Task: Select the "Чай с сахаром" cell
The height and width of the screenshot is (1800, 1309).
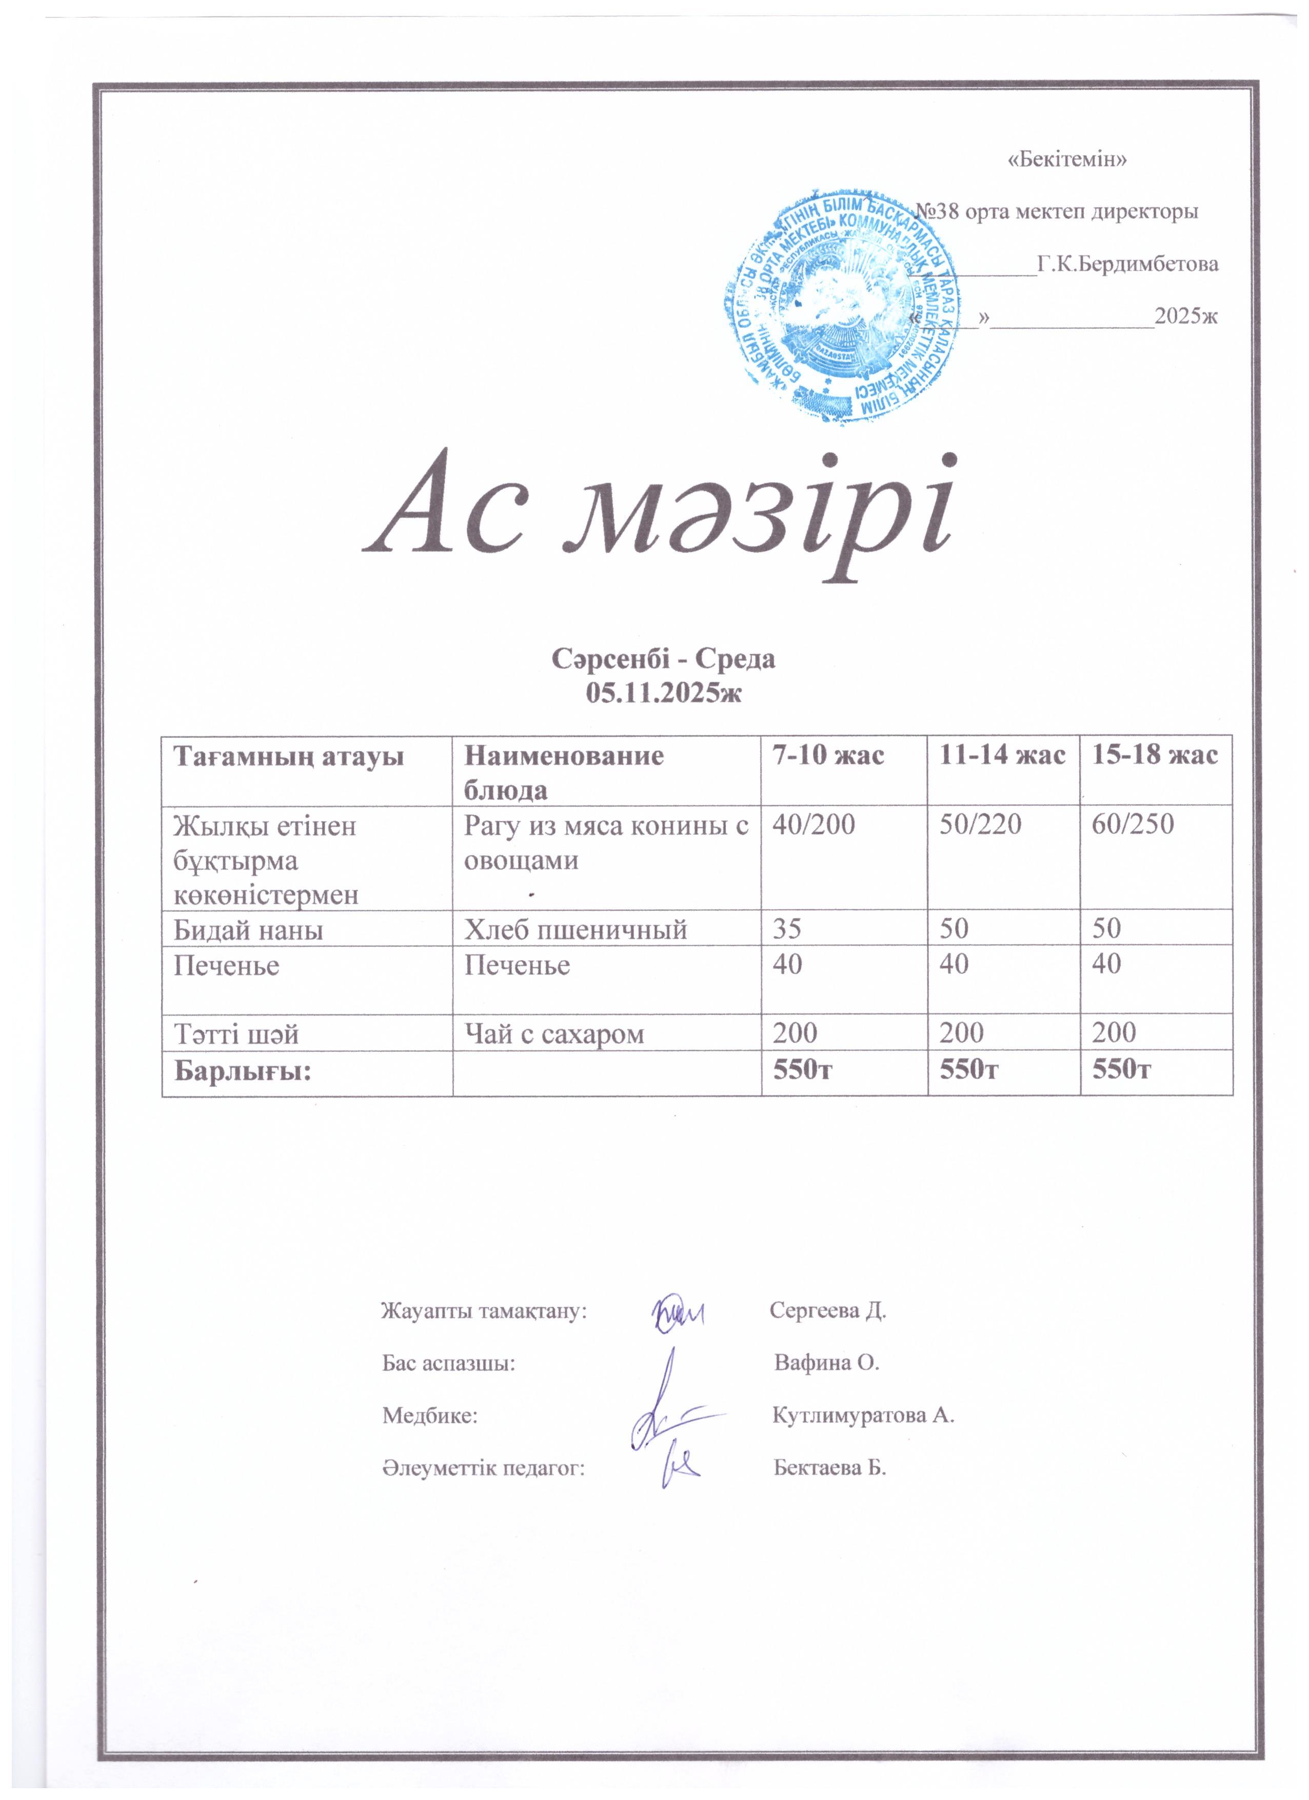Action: point(553,1032)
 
